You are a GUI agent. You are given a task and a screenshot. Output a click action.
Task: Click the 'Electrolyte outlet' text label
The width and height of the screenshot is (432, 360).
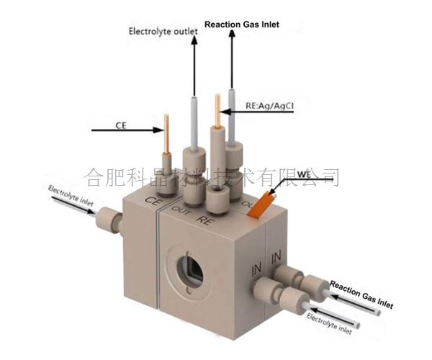(x=160, y=31)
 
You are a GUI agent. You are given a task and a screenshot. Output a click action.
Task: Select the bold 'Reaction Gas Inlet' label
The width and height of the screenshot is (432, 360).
(x=241, y=24)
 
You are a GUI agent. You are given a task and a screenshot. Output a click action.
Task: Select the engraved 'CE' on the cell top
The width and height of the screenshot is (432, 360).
(x=152, y=202)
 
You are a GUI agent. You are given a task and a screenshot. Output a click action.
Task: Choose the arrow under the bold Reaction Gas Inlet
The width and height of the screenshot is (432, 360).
(x=231, y=61)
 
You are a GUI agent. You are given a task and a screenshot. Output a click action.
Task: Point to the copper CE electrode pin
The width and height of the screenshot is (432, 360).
(x=167, y=137)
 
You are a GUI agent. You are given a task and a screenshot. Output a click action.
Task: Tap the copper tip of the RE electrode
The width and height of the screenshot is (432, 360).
(x=217, y=108)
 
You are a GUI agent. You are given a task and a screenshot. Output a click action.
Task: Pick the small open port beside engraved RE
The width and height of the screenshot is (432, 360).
(x=216, y=196)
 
